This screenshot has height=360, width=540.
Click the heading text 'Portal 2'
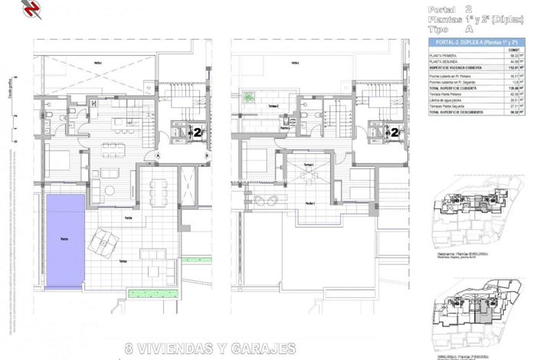pos(457,8)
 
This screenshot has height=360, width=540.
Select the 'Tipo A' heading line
pos(457,28)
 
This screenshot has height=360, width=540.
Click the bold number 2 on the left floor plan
pos(197,132)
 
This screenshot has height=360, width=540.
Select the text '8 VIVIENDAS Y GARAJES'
pos(209,349)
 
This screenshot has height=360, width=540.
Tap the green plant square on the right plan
pos(250,97)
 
